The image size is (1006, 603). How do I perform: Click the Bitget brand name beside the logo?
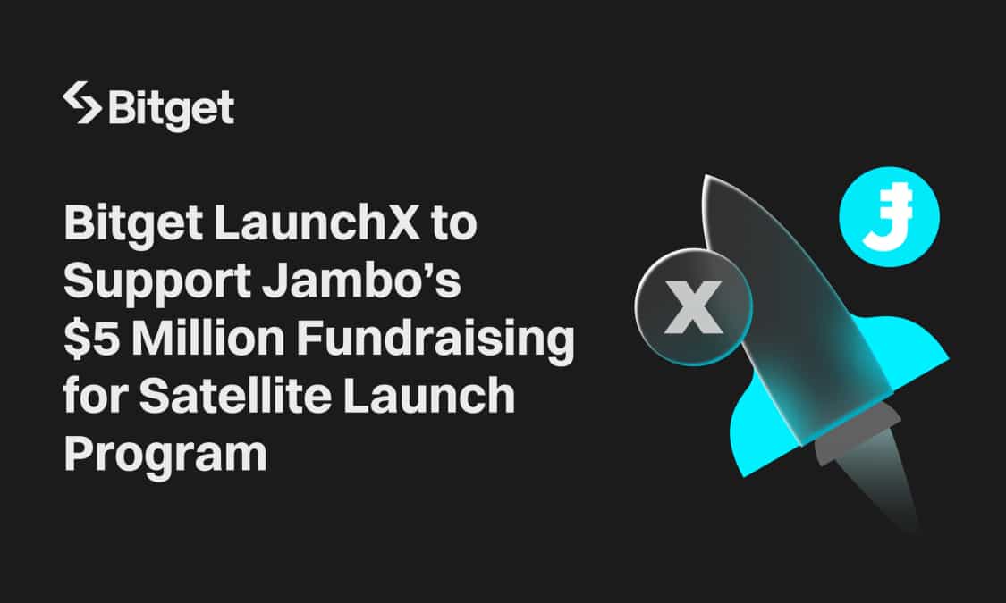(x=171, y=108)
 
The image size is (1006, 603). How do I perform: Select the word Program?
(x=165, y=455)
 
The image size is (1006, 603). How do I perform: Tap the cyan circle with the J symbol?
(x=889, y=215)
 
